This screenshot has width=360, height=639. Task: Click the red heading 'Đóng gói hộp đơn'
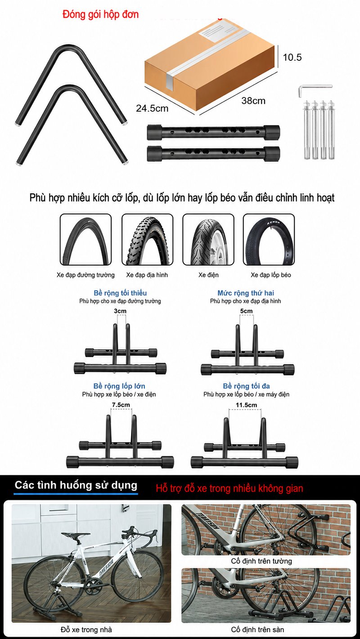point(100,15)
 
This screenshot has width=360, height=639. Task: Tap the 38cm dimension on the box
point(253,101)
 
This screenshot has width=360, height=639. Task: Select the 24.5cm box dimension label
point(152,108)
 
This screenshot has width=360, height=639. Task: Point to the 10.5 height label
point(292,58)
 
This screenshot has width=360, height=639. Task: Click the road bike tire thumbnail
point(85,240)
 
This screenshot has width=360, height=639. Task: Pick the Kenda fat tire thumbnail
point(269,240)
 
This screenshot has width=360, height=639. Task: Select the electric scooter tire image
point(208,240)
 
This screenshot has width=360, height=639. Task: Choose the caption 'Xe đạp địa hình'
point(147,275)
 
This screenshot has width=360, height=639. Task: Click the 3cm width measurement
point(120,311)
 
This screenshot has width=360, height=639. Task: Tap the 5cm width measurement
point(246,311)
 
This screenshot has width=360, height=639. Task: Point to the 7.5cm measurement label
point(121,405)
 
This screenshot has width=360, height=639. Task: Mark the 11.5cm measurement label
point(247,405)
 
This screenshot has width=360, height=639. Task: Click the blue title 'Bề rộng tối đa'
point(247,386)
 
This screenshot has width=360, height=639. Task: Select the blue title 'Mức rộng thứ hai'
point(246,293)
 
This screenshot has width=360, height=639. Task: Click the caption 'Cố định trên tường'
point(261,561)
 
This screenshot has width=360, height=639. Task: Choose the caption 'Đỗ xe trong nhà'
point(86,630)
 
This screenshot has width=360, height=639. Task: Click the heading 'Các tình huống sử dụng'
point(76,485)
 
